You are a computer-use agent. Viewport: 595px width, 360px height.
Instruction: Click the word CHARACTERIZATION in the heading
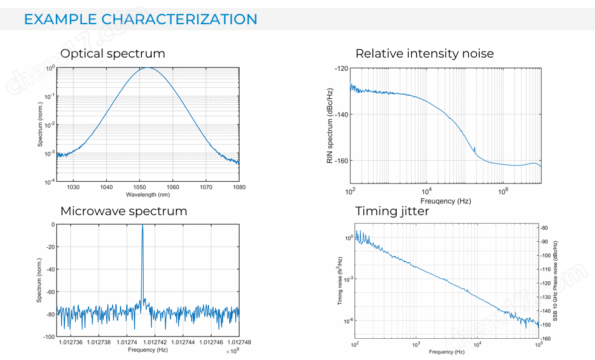click(180, 19)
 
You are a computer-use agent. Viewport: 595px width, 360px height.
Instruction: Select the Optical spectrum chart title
click(113, 53)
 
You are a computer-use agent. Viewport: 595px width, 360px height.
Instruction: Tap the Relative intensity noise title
click(425, 53)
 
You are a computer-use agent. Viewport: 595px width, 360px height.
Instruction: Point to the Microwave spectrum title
click(124, 211)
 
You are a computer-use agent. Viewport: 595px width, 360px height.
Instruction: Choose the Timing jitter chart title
click(392, 211)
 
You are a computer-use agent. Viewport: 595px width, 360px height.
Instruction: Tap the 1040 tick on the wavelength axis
click(106, 187)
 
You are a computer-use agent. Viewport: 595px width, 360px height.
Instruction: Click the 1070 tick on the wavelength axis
click(206, 187)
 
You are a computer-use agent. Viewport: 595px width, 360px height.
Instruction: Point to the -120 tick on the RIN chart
click(341, 69)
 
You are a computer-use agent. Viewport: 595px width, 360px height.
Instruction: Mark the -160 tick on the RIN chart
click(341, 161)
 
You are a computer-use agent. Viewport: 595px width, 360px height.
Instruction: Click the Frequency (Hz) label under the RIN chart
click(446, 201)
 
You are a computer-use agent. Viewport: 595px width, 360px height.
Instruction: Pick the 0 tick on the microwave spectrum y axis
click(53, 224)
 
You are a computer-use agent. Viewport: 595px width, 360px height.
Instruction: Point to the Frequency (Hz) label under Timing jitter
click(446, 352)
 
